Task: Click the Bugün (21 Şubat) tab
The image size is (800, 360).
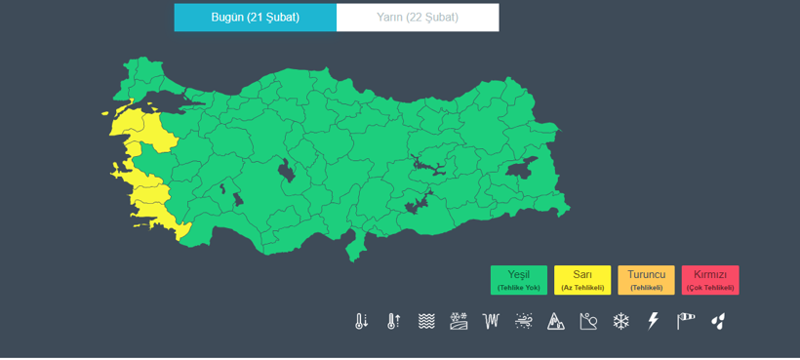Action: tap(256, 18)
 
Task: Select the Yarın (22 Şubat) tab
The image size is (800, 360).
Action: tap(418, 18)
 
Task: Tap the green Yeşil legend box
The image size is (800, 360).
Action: tap(519, 280)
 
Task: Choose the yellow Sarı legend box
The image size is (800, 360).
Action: tap(582, 280)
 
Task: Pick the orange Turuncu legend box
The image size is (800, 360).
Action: tap(646, 280)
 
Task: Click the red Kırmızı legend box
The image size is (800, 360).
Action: tap(710, 280)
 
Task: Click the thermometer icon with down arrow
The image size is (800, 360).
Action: tap(362, 321)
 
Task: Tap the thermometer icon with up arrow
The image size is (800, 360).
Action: tap(394, 321)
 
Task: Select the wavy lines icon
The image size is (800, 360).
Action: tap(426, 321)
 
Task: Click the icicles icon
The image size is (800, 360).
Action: tap(491, 321)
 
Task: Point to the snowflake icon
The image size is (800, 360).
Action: tap(621, 321)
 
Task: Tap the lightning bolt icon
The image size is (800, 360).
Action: tap(654, 321)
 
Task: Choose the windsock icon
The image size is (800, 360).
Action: tap(687, 321)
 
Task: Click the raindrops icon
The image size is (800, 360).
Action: tap(719, 321)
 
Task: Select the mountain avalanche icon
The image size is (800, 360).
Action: tap(556, 321)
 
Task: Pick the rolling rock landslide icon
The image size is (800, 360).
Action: tap(588, 321)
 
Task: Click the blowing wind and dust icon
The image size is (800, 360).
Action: tap(524, 321)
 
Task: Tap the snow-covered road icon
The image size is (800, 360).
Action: tap(459, 321)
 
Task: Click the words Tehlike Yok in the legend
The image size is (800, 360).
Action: tap(519, 288)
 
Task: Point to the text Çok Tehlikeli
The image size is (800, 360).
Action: tap(710, 288)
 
